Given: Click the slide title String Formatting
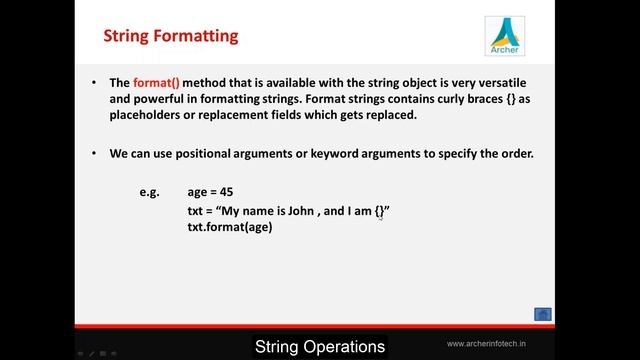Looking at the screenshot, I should pos(171,37).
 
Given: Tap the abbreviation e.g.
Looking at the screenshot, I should pos(149,191).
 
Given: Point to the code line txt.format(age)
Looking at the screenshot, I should pos(229,227).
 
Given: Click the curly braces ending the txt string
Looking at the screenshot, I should pos(380,211).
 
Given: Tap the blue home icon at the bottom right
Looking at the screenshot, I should pos(543,314).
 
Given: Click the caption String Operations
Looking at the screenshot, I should pos(320,347).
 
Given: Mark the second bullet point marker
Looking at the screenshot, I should pos(94,153).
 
